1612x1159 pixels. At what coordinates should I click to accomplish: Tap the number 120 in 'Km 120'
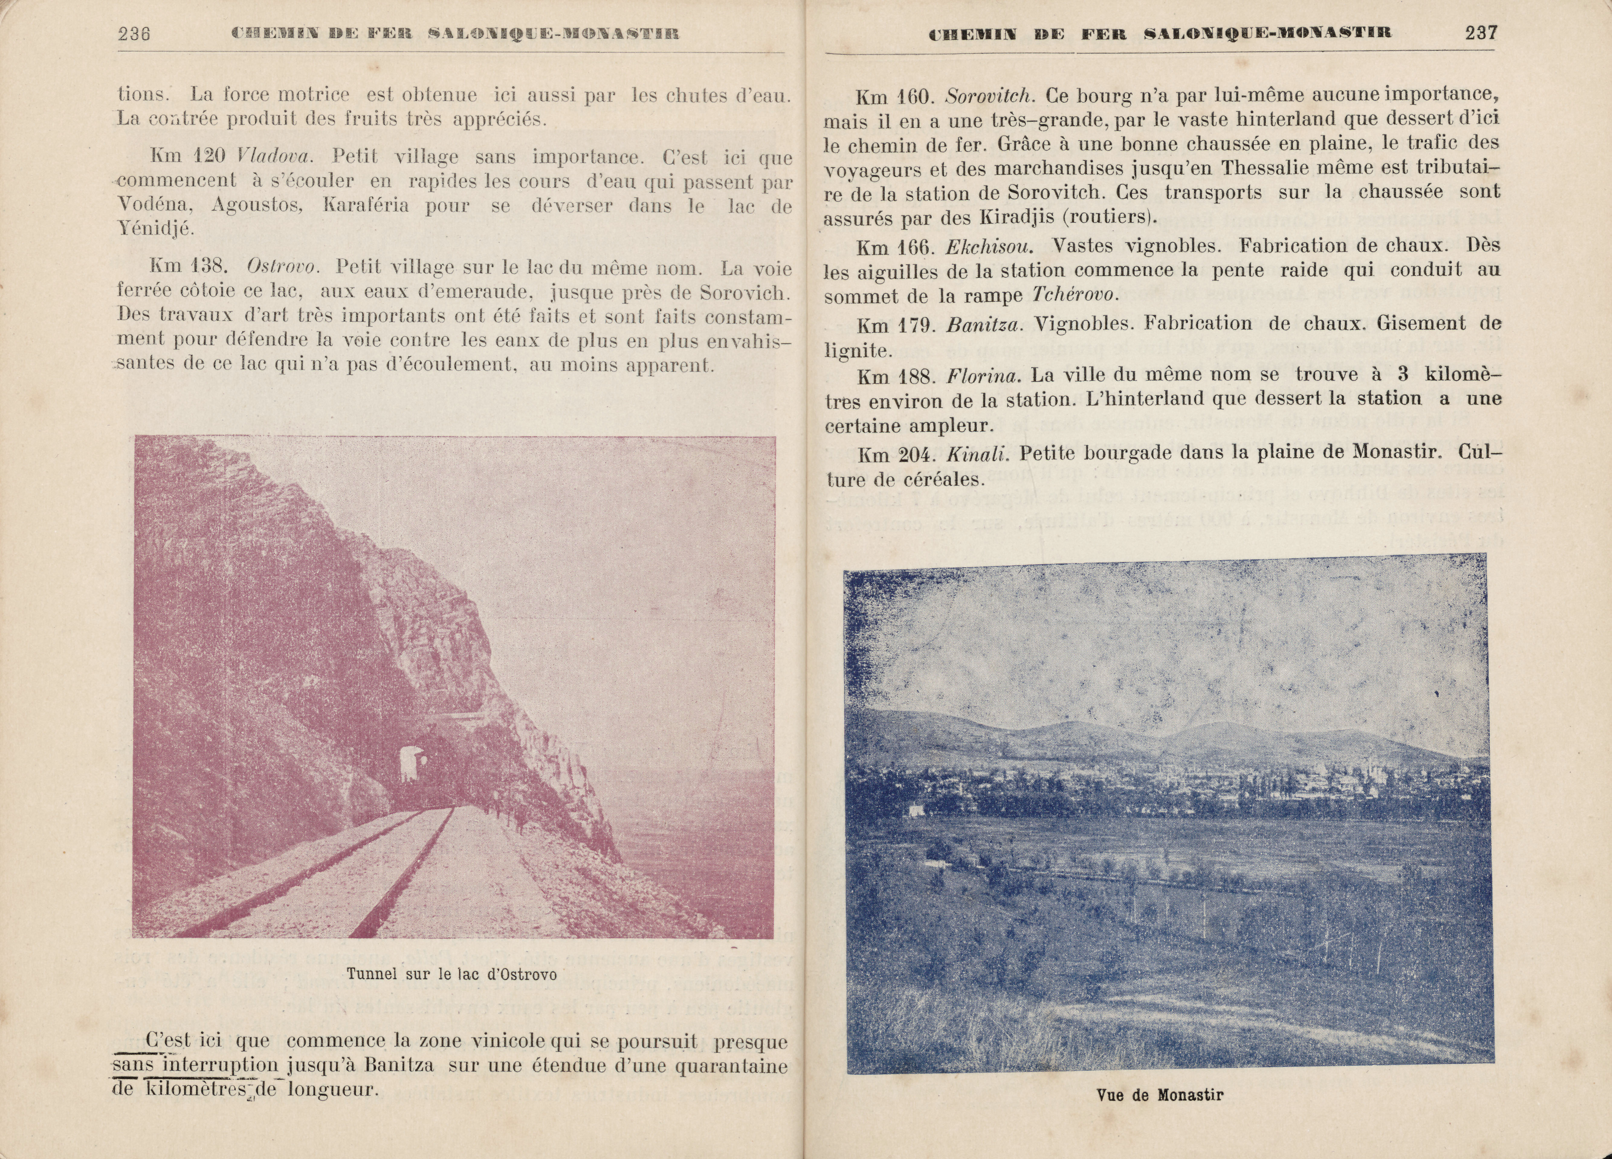click(210, 156)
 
